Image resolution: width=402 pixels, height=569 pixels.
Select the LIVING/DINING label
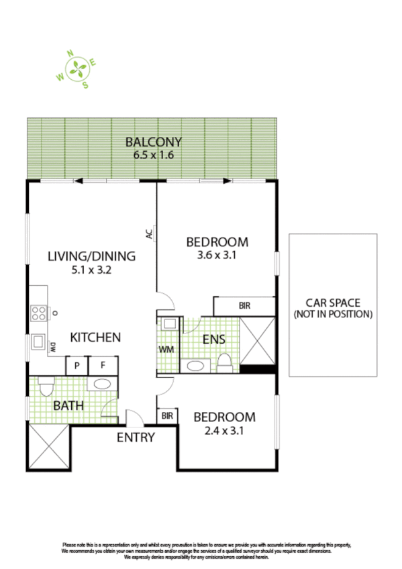click(91, 256)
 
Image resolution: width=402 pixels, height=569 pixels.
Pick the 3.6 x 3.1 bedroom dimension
click(217, 255)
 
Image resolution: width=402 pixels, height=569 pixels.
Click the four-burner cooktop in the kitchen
click(38, 313)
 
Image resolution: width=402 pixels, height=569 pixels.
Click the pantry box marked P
click(78, 366)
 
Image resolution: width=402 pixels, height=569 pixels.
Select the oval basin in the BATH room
click(103, 384)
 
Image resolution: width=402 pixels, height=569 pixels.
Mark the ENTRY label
click(136, 437)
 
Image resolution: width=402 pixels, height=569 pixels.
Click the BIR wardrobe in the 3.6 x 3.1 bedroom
click(244, 306)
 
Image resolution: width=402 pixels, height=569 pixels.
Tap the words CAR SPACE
click(332, 302)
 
